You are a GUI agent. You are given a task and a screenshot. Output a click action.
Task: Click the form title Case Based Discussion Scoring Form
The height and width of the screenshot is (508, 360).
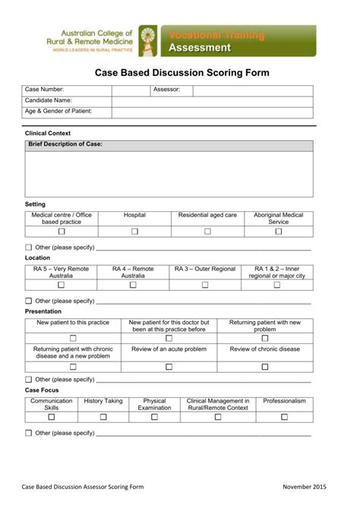pyautogui.click(x=181, y=74)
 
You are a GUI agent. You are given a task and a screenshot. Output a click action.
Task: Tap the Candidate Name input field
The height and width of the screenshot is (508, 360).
pyautogui.click(x=212, y=101)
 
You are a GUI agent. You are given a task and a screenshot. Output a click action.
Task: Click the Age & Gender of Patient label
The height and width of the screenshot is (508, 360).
pyautogui.click(x=58, y=112)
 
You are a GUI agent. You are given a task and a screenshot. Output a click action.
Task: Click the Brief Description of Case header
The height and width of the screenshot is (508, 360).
pyautogui.click(x=65, y=144)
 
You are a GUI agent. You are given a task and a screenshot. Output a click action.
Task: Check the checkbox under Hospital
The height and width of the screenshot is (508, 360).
pyautogui.click(x=134, y=232)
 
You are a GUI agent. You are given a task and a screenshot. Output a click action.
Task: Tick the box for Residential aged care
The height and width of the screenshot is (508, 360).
pyautogui.click(x=207, y=232)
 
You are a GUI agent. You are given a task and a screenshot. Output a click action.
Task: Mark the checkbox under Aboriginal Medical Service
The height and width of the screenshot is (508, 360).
pyautogui.click(x=278, y=232)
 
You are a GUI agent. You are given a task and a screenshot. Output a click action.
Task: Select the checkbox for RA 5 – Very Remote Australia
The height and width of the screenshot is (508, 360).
pyautogui.click(x=61, y=286)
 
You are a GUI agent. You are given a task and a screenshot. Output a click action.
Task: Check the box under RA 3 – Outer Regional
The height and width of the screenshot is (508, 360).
pyautogui.click(x=205, y=286)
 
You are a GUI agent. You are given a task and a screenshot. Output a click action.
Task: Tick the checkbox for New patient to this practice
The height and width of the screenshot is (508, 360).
pyautogui.click(x=73, y=339)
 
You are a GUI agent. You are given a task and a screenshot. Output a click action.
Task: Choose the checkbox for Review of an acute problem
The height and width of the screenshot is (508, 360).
pyautogui.click(x=169, y=366)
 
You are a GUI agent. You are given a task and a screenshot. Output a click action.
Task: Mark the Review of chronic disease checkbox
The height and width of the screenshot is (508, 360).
pyautogui.click(x=265, y=366)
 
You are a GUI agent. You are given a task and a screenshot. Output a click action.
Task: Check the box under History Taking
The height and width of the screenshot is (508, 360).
pyautogui.click(x=103, y=417)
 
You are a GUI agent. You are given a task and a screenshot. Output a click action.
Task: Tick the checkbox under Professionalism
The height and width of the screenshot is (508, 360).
pyautogui.click(x=284, y=417)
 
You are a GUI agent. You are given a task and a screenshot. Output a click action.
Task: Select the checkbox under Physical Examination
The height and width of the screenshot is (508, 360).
pyautogui.click(x=154, y=417)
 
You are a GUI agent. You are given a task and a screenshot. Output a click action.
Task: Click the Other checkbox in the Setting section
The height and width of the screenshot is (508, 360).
pyautogui.click(x=29, y=248)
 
